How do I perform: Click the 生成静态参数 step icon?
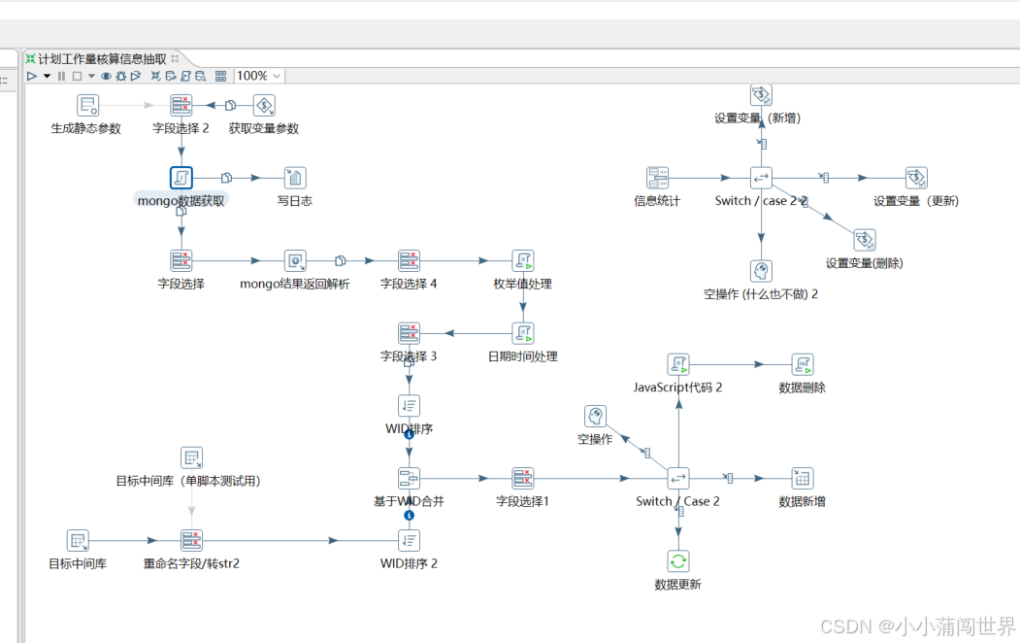click(x=88, y=105)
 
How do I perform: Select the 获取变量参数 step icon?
click(x=264, y=105)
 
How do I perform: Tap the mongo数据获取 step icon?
click(x=181, y=178)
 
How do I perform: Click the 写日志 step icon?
click(x=295, y=178)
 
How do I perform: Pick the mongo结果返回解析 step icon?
click(x=295, y=260)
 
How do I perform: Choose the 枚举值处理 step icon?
click(x=523, y=260)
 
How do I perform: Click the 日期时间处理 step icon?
click(x=523, y=333)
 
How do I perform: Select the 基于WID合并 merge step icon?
click(x=409, y=478)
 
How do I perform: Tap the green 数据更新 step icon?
click(x=678, y=560)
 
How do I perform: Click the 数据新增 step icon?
click(x=802, y=478)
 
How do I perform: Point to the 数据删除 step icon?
click(x=802, y=364)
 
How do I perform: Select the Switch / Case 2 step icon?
click(x=678, y=478)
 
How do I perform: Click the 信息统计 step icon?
click(x=658, y=178)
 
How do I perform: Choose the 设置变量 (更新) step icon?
click(x=916, y=178)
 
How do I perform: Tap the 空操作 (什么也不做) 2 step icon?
click(x=761, y=270)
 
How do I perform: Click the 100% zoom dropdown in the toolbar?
click(x=259, y=76)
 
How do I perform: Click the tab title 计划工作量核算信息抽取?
click(x=101, y=59)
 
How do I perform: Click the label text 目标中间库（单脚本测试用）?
click(x=188, y=481)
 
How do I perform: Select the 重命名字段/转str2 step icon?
click(x=191, y=540)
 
